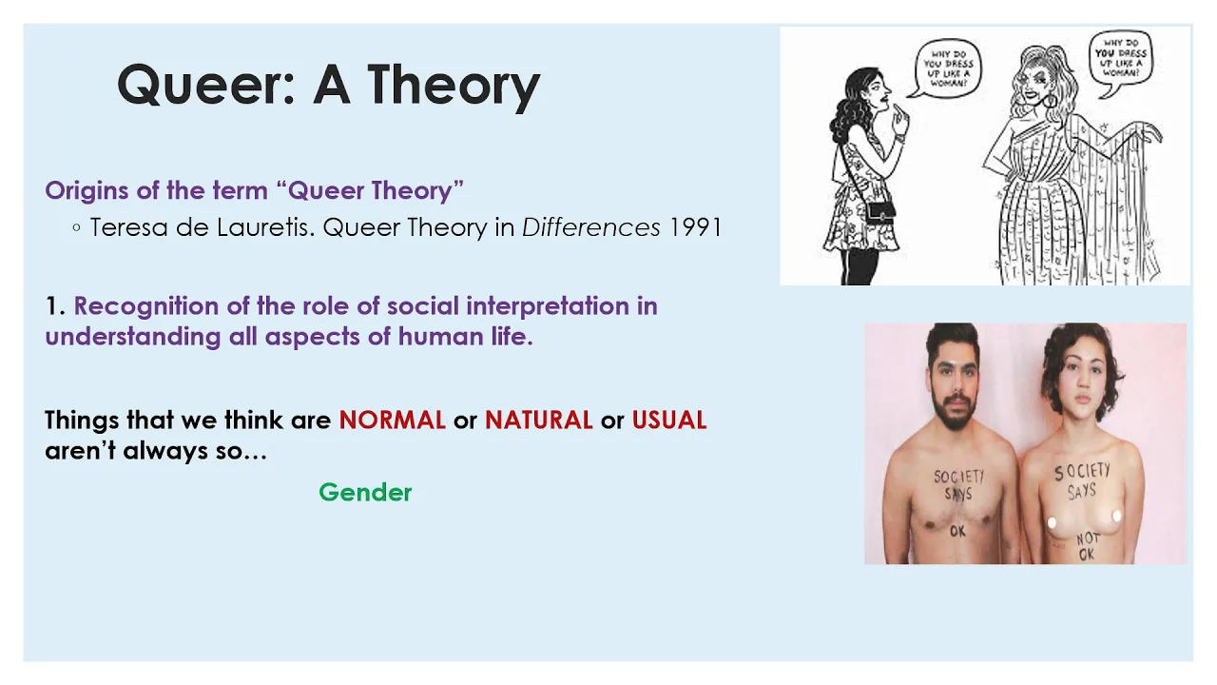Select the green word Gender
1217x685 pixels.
pyautogui.click(x=365, y=493)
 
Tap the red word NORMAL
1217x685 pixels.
pyautogui.click(x=393, y=421)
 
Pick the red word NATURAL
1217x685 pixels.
pyautogui.click(x=538, y=421)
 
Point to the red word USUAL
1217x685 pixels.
pyautogui.click(x=668, y=421)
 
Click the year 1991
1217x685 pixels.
pyautogui.click(x=695, y=227)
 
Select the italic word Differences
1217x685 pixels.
pyautogui.click(x=591, y=227)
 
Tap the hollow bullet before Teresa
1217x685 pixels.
pyautogui.click(x=77, y=227)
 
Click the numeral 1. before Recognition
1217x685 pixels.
pyautogui.click(x=55, y=306)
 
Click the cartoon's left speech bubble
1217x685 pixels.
pyautogui.click(x=948, y=68)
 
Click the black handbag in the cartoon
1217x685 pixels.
pyautogui.click(x=879, y=211)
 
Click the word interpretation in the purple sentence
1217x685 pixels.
pyautogui.click(x=547, y=307)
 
